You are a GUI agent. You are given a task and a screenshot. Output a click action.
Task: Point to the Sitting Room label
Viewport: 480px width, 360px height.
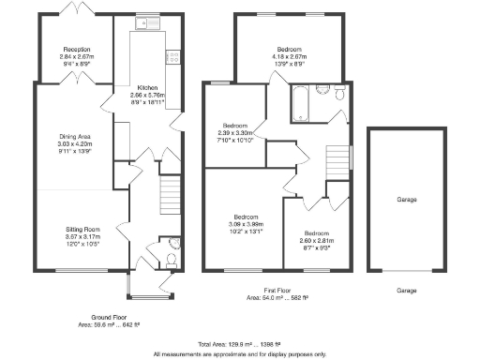80,230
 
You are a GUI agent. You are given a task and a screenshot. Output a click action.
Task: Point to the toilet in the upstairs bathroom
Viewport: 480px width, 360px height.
339,97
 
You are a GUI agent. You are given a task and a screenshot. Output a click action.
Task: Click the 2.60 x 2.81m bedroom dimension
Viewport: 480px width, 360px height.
317,238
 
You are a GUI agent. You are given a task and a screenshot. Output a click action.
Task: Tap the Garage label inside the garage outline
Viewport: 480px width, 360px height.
406,200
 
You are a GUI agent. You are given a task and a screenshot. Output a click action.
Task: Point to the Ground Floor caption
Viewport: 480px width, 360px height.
109,318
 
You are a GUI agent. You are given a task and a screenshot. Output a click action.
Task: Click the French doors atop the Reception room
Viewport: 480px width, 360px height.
73,10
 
